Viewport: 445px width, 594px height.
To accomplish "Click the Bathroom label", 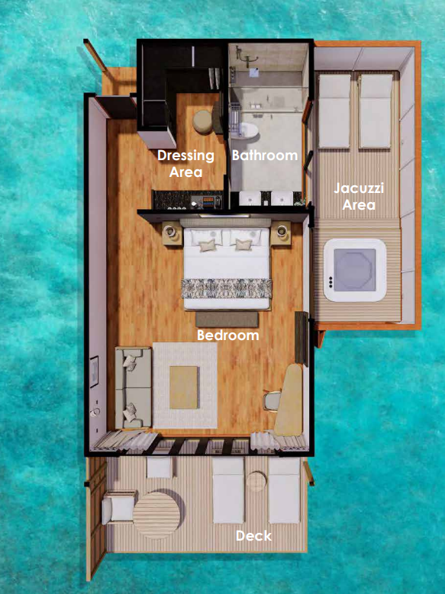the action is click(x=265, y=155).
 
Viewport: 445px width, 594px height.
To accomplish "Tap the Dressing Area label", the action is click(x=186, y=163).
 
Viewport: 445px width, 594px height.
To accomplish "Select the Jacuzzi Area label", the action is click(x=359, y=196).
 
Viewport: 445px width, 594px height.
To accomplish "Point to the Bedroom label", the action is click(x=228, y=336).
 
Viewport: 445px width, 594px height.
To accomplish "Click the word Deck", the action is click(x=254, y=535).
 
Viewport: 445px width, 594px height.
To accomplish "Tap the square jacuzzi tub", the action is click(x=355, y=270).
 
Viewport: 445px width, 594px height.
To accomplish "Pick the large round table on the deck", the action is click(x=157, y=515).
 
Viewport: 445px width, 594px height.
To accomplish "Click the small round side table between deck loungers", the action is click(x=256, y=481).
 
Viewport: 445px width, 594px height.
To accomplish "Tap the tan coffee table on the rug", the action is click(x=184, y=387).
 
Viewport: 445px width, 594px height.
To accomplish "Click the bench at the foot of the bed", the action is click(x=227, y=319).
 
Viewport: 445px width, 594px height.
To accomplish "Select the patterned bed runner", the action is click(x=227, y=288).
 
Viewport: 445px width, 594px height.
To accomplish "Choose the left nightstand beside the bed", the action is click(x=173, y=233).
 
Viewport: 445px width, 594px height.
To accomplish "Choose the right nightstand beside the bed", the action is click(x=281, y=233).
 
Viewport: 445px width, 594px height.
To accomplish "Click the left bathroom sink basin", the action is click(x=250, y=198).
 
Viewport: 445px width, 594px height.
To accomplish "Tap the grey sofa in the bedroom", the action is click(x=133, y=387).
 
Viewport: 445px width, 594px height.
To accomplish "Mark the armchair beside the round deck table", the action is click(x=118, y=507).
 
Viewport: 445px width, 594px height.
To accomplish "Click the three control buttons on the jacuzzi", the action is click(x=331, y=282).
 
